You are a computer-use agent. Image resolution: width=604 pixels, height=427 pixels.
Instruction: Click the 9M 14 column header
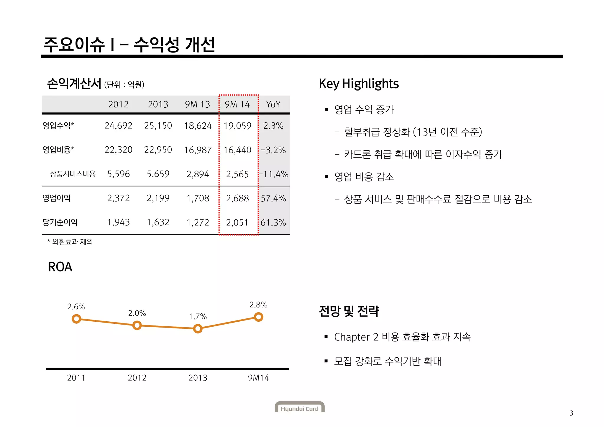point(237,104)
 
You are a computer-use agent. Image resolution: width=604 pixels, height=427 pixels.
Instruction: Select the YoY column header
point(273,104)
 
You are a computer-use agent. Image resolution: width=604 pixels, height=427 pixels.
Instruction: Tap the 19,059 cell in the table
point(237,126)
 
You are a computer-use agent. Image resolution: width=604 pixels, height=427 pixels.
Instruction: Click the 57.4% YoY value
point(273,198)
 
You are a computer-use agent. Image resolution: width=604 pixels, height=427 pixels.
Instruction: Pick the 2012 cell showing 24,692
point(118,126)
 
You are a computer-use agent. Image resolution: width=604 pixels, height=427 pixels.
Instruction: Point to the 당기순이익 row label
point(60,222)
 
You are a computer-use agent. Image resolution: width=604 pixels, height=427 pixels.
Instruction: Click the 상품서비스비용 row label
point(73,174)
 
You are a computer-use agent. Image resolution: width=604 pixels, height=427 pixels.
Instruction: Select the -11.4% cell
point(273,174)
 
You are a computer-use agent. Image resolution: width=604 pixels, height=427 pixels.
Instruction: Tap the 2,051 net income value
point(237,223)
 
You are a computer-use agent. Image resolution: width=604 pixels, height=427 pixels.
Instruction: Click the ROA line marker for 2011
point(76,319)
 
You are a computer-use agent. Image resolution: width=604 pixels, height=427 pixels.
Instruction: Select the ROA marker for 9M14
point(258,317)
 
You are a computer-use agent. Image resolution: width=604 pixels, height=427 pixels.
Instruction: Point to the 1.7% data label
point(198,317)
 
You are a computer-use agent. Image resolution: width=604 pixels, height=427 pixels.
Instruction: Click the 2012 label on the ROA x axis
point(137,378)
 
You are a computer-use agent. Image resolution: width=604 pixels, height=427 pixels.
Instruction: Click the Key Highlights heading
point(359,84)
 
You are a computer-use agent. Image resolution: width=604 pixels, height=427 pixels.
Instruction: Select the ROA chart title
point(60,267)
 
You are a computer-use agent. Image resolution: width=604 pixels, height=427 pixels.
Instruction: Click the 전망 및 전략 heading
point(349,311)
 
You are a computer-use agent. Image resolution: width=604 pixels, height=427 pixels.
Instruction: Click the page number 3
point(571,413)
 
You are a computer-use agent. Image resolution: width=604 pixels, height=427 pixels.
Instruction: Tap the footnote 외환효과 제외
point(72,242)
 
